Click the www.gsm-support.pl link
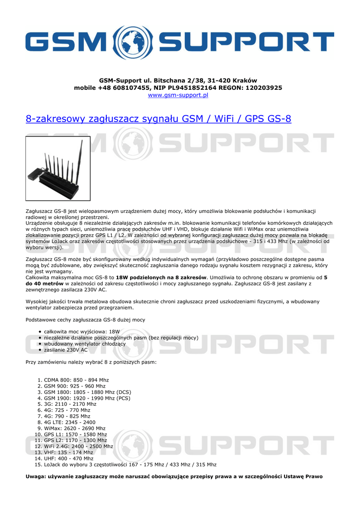[x=178, y=95]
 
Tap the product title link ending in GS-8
[x=158, y=119]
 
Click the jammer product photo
[x=58, y=168]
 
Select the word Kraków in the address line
[x=244, y=80]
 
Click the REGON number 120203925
[x=262, y=87]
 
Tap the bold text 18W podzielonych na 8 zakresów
[x=161, y=277]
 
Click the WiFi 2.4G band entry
[x=78, y=446]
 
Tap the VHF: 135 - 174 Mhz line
[x=69, y=452]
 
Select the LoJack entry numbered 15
[x=130, y=465]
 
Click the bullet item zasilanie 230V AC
[x=66, y=350]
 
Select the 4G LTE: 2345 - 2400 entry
[x=70, y=422]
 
